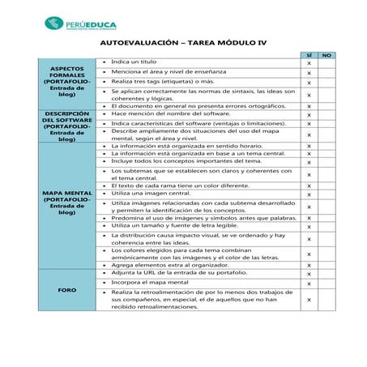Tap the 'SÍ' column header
[309, 54]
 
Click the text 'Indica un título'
[134, 62]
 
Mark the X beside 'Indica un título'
[309, 62]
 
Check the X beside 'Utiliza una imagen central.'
[309, 194]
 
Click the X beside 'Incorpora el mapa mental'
[309, 283]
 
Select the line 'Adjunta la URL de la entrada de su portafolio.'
[177, 273]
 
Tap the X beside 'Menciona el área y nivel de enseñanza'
[309, 72]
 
